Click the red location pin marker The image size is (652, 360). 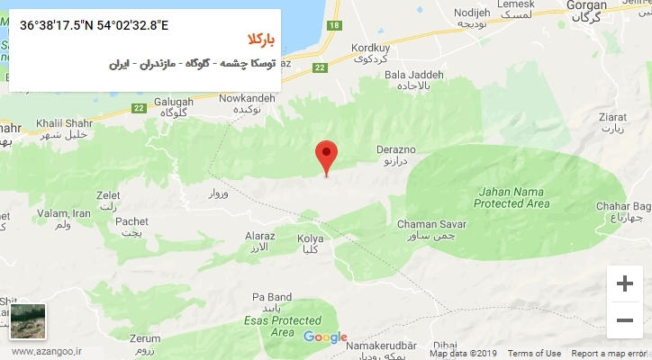328,155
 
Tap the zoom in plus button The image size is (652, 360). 624,283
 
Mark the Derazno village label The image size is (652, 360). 399,153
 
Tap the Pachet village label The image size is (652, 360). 132,221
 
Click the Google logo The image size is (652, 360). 325,337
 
